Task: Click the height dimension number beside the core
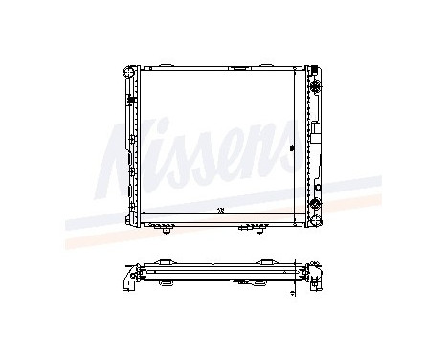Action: pyautogui.click(x=292, y=148)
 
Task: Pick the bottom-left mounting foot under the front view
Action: pyautogui.click(x=168, y=231)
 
